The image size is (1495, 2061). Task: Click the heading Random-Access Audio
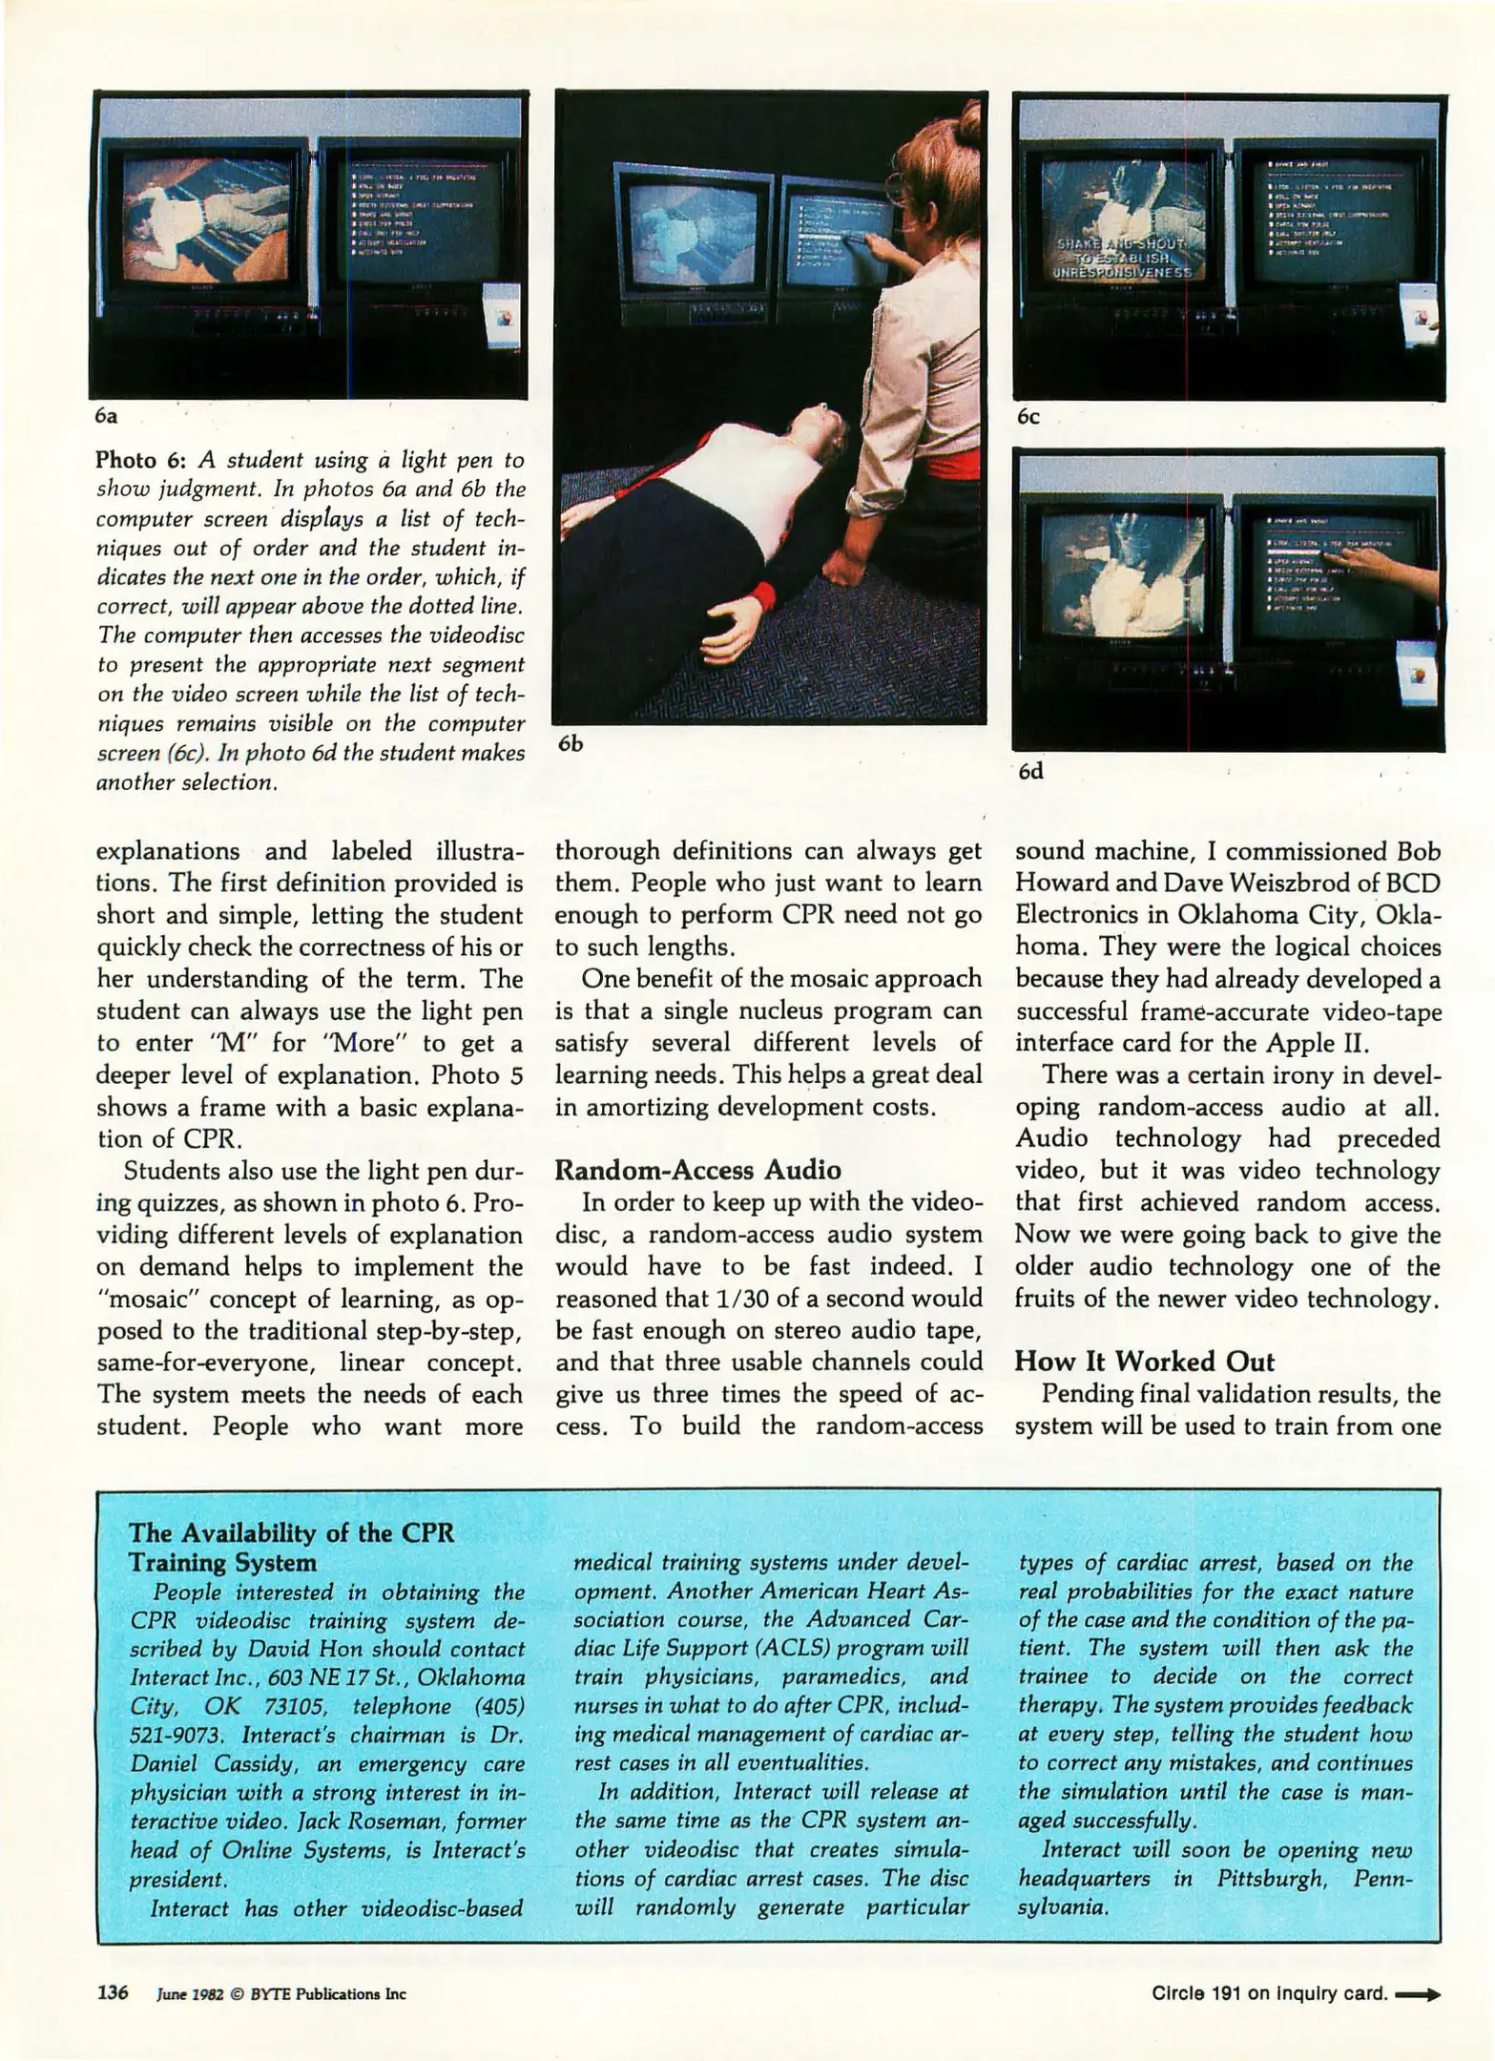pyautogui.click(x=697, y=1170)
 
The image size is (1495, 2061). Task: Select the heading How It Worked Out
pyautogui.click(x=1144, y=1361)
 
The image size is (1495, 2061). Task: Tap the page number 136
pyautogui.click(x=112, y=1993)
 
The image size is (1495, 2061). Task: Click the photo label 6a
pyautogui.click(x=106, y=417)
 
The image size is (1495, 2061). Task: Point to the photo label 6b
pyautogui.click(x=570, y=743)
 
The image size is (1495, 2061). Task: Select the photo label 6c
pyautogui.click(x=1028, y=417)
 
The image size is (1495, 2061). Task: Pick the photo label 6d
pyautogui.click(x=1029, y=771)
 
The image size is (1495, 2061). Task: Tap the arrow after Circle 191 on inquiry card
pyautogui.click(x=1418, y=1993)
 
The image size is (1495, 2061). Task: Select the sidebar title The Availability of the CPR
pyautogui.click(x=291, y=1533)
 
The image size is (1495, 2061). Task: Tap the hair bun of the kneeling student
pyautogui.click(x=969, y=121)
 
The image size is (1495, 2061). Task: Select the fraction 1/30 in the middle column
pyautogui.click(x=741, y=1299)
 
